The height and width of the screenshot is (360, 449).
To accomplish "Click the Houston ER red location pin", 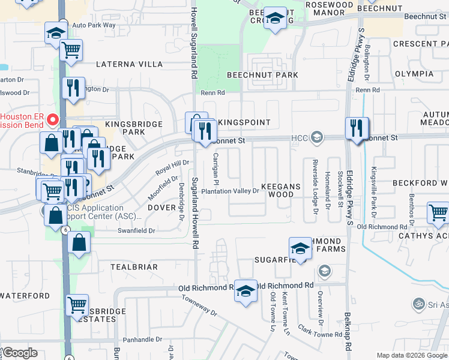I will [x=52, y=120].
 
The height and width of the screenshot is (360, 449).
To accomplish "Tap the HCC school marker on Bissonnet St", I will [x=316, y=138].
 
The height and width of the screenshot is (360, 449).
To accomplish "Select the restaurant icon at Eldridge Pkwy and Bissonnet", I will [x=357, y=128].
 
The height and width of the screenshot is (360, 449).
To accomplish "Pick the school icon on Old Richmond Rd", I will [x=245, y=292].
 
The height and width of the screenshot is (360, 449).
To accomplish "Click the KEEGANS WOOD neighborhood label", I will [x=280, y=190].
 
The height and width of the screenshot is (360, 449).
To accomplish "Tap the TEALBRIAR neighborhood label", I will [x=134, y=266].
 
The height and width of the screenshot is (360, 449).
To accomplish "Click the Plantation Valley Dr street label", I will [x=230, y=191].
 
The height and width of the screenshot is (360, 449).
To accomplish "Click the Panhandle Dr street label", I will [x=135, y=340].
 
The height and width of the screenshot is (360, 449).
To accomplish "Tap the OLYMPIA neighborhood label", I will [x=414, y=74].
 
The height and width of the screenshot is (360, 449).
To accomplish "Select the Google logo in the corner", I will [x=19, y=353].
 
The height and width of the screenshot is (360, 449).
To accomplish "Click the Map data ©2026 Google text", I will [x=411, y=355].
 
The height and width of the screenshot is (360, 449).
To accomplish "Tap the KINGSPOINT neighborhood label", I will [x=243, y=122].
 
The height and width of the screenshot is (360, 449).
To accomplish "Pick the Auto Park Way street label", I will [x=93, y=25].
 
